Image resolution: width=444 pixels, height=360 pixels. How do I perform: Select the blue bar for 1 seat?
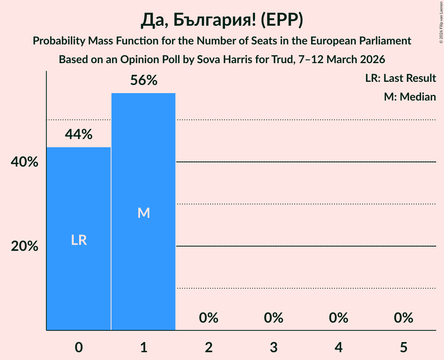pos(143,156)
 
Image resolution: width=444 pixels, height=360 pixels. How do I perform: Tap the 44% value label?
pos(79,134)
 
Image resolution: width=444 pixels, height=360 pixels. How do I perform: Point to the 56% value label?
pos(144,80)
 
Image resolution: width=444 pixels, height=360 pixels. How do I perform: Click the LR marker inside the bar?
pos(79,240)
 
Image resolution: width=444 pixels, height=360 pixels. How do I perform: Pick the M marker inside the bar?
pos(144,213)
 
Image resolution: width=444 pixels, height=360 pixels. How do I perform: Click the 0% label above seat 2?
pos(209,318)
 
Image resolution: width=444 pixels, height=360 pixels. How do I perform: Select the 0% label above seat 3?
pos(274,318)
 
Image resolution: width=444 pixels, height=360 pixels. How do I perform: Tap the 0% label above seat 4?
pos(338,318)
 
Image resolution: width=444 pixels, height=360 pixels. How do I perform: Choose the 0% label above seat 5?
pos(403,318)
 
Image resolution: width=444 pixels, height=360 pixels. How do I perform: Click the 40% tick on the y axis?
pos(25,162)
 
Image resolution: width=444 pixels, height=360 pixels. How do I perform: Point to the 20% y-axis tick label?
pos(25,246)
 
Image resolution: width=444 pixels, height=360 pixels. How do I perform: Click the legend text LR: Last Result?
pos(401,78)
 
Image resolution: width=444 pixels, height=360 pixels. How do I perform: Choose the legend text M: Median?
pos(410,97)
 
